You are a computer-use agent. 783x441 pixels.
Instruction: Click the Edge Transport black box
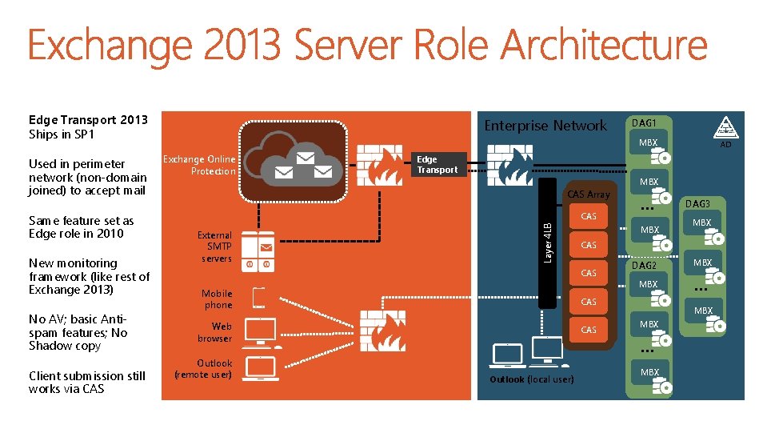click(x=437, y=164)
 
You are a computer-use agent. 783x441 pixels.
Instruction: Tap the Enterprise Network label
click(x=546, y=126)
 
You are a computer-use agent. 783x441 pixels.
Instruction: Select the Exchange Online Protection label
click(x=199, y=165)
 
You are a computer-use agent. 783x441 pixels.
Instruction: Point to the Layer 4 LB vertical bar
click(x=548, y=243)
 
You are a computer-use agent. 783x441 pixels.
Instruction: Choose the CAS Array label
click(x=588, y=194)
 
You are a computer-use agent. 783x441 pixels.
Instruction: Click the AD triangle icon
click(x=725, y=128)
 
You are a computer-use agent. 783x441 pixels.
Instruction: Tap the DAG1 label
click(x=644, y=122)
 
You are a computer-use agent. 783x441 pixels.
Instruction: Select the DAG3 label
click(x=697, y=205)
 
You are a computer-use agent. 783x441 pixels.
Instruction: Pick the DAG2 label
click(x=644, y=265)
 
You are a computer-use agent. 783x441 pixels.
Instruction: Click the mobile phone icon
click(x=258, y=297)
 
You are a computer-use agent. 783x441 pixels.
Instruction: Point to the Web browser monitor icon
click(x=261, y=332)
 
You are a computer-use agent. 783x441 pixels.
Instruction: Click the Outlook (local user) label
click(x=531, y=379)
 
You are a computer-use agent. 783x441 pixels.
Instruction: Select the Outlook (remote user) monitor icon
click(x=261, y=369)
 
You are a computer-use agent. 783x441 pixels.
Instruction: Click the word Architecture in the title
click(x=592, y=46)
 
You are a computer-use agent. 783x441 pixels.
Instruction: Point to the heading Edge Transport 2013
click(x=88, y=120)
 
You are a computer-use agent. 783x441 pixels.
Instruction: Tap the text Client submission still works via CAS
click(x=87, y=383)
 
